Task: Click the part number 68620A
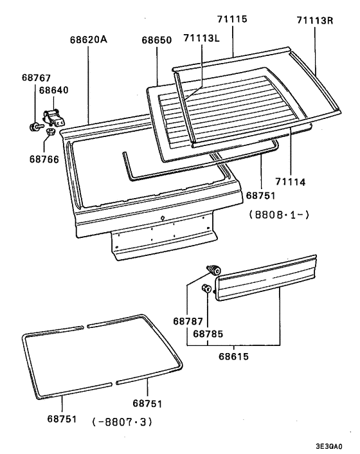pos(89,39)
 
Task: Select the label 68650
pos(156,39)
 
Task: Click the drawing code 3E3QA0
pos(328,446)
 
